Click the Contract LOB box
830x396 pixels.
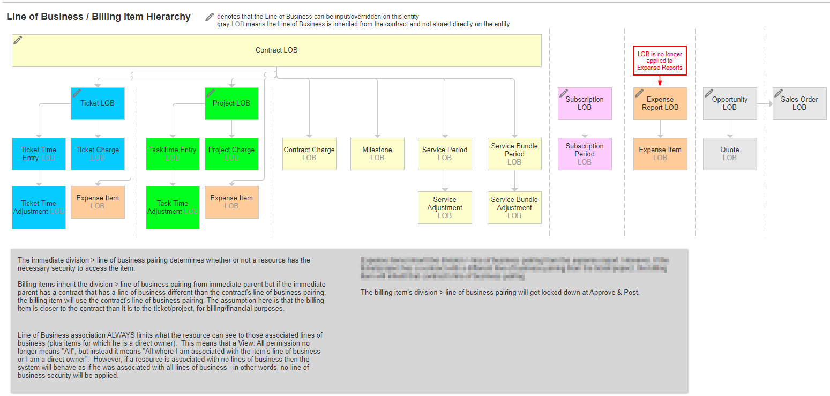276,50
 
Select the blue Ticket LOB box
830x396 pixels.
98,103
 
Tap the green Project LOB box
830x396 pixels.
231,103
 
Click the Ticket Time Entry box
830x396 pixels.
39,154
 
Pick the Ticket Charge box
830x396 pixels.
98,154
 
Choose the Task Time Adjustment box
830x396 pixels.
173,207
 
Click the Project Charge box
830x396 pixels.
231,154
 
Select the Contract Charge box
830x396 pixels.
309,154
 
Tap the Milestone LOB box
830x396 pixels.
377,154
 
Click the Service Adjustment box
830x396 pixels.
445,207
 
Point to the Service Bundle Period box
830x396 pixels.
514,154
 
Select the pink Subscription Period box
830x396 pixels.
585,154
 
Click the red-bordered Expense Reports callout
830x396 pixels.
660,61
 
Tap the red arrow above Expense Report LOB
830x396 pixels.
660,81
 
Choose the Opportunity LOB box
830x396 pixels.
730,103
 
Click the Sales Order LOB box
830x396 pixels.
799,103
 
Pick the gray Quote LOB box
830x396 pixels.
730,154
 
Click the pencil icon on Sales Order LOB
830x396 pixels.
779,93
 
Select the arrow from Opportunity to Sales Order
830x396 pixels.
765,103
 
